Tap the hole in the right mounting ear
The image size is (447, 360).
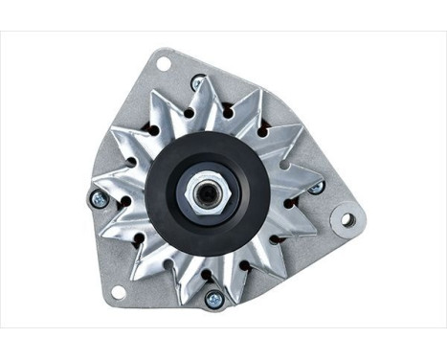[x=346, y=219]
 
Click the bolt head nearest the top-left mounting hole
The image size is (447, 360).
[x=197, y=83]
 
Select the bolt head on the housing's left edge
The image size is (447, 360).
[x=98, y=199]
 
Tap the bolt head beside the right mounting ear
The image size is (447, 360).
[x=316, y=187]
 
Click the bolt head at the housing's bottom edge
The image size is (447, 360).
[x=213, y=299]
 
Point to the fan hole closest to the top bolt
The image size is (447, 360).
[x=191, y=113]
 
